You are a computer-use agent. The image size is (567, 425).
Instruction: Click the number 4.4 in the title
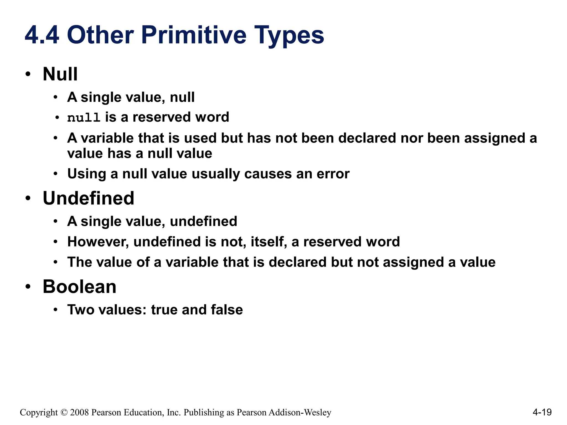pyautogui.click(x=42, y=35)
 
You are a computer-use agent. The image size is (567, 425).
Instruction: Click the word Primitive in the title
pyautogui.click(x=194, y=35)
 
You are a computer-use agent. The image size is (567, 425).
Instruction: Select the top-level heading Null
pyautogui.click(x=60, y=74)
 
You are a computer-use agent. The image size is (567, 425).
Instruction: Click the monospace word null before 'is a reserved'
pyautogui.click(x=84, y=118)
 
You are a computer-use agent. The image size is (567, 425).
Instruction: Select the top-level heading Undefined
pyautogui.click(x=88, y=198)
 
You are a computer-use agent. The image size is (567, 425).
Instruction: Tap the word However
pyautogui.click(x=98, y=242)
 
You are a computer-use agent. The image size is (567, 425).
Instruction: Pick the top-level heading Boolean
pyautogui.click(x=79, y=287)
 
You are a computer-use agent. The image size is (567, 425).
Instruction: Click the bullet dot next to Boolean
pyautogui.click(x=28, y=287)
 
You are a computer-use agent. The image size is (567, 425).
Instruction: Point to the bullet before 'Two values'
pyautogui.click(x=56, y=310)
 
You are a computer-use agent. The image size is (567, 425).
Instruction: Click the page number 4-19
pyautogui.click(x=542, y=412)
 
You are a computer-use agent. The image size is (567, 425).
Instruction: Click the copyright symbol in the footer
pyautogui.click(x=64, y=413)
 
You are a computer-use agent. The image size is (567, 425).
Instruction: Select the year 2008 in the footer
pyautogui.click(x=79, y=413)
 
